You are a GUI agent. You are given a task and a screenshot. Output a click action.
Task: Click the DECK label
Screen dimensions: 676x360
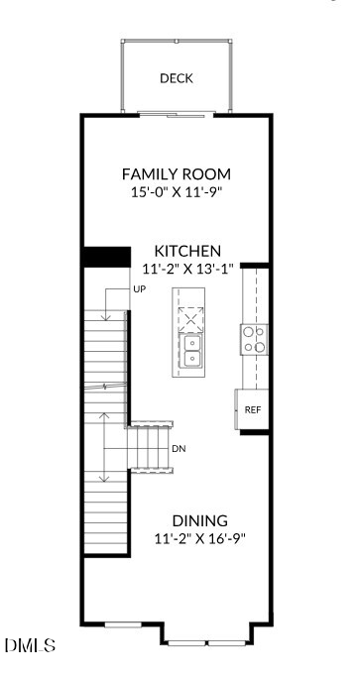click(x=176, y=78)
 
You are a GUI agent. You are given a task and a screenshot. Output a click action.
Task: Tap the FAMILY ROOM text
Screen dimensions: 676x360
click(x=176, y=174)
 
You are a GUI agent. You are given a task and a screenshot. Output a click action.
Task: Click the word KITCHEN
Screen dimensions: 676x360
click(x=186, y=251)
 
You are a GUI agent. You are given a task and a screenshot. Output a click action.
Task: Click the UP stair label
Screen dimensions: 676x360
click(x=140, y=289)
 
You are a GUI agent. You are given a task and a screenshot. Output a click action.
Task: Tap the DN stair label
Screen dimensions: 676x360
click(x=179, y=448)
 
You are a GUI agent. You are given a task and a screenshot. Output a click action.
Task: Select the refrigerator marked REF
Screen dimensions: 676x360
click(x=253, y=409)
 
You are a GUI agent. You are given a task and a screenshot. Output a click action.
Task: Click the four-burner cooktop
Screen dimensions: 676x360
click(x=253, y=340)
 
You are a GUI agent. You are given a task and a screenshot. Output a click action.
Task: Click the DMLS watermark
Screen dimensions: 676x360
click(x=30, y=646)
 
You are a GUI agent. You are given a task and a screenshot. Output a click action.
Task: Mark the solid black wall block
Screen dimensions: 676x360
click(x=106, y=257)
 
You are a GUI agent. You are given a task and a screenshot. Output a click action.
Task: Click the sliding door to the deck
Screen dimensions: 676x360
click(x=176, y=115)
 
